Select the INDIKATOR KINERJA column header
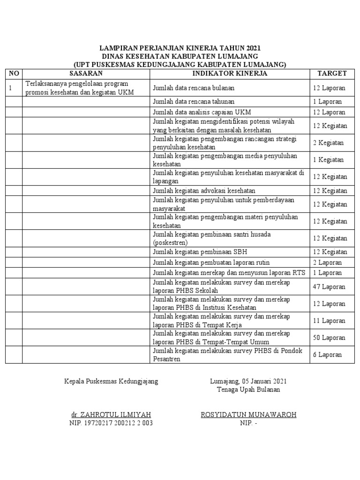[230, 74]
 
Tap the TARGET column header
[332, 74]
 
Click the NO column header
[14, 74]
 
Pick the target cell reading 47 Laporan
[329, 286]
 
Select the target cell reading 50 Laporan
[329, 337]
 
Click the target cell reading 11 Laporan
[329, 321]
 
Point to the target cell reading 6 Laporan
[327, 355]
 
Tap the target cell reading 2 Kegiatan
[328, 143]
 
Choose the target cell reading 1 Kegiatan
[328, 160]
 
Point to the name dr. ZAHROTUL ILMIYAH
[111, 415]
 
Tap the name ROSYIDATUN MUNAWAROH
[248, 415]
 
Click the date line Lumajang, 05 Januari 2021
[248, 381]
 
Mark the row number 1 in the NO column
[10, 88]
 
